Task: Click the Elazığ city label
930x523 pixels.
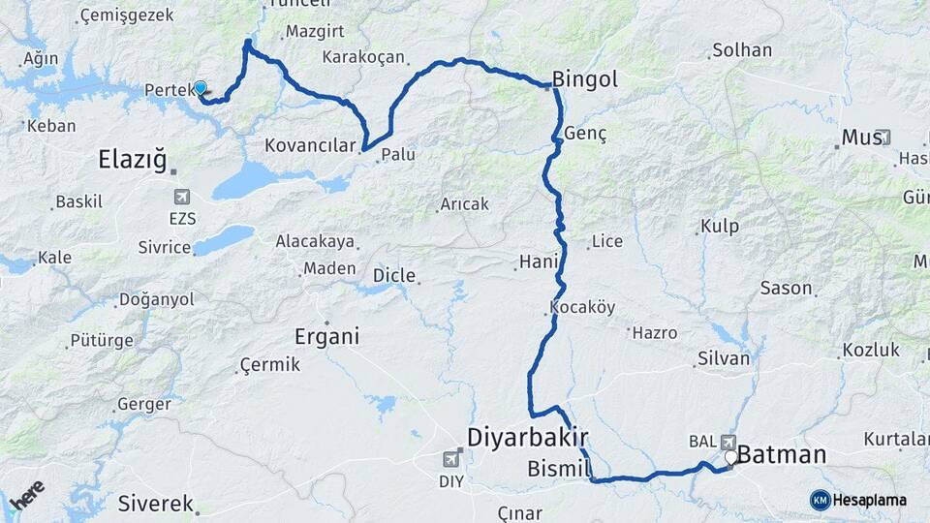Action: [x=134, y=158]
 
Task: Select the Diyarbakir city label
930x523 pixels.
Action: [x=529, y=437]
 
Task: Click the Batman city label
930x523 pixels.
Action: [x=782, y=454]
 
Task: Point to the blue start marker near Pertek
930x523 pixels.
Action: [x=201, y=87]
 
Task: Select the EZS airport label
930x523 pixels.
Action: [x=181, y=219]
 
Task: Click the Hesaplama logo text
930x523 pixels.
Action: [x=869, y=500]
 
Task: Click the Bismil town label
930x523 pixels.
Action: [x=559, y=470]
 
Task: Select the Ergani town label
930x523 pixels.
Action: [x=326, y=337]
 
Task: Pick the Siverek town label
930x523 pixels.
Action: [x=154, y=503]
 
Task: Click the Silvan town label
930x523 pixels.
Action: [x=724, y=358]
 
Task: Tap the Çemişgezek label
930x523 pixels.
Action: [x=127, y=15]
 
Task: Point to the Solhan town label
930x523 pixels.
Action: [x=742, y=49]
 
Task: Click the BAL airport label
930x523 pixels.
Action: [x=701, y=442]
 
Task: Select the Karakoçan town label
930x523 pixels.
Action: [x=362, y=56]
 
